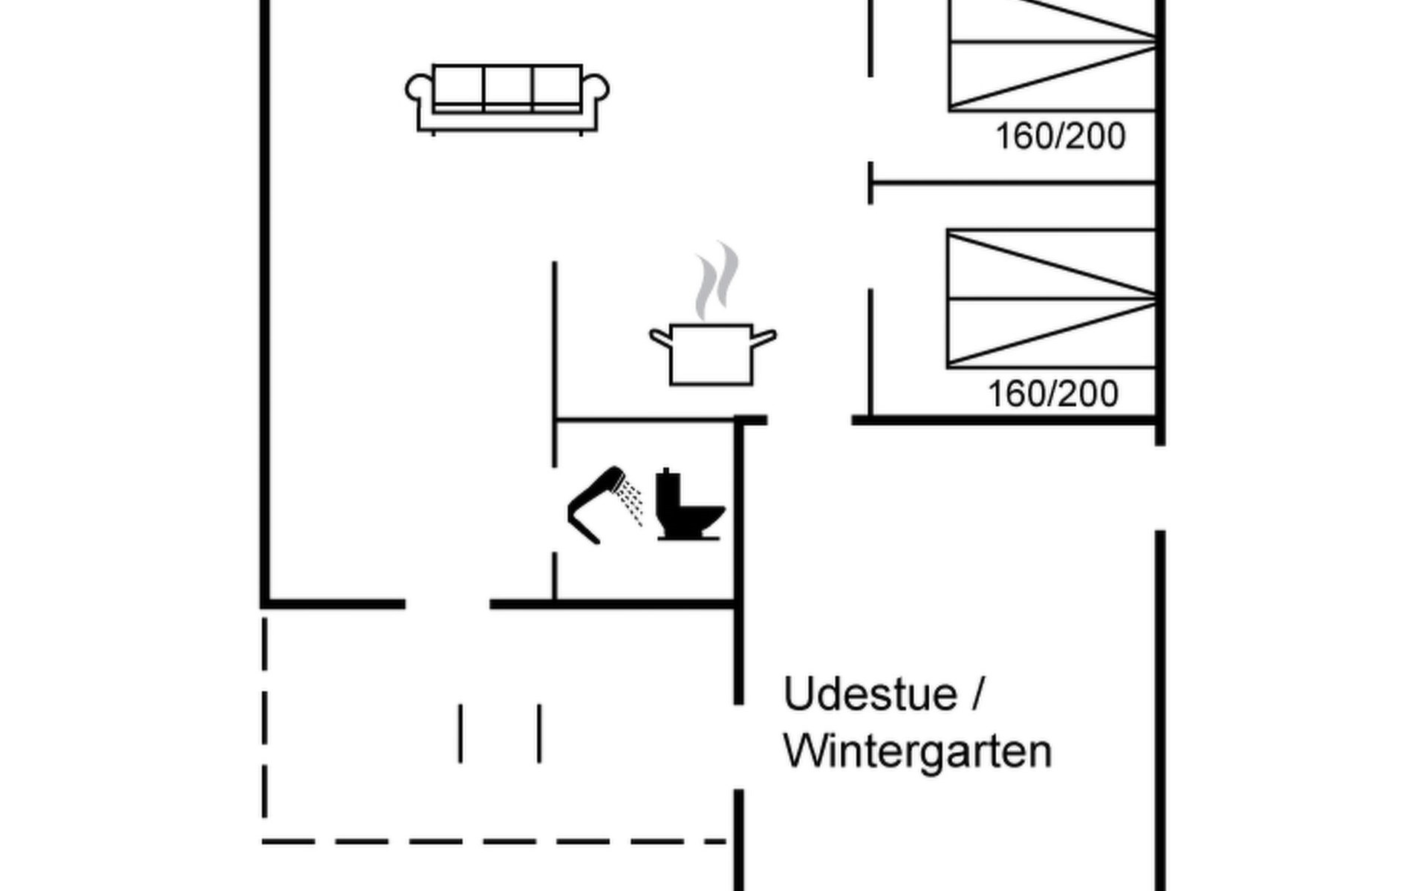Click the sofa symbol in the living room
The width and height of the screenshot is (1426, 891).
[x=507, y=98]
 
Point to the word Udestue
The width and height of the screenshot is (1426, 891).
[x=870, y=694]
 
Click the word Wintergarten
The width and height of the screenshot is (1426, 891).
[x=917, y=751]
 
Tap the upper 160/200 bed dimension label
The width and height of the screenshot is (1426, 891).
[x=1060, y=137]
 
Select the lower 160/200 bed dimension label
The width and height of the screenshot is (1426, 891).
[x=1052, y=394]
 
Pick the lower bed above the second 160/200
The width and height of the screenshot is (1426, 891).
[x=1052, y=298]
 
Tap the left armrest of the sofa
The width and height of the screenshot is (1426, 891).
[x=418, y=89]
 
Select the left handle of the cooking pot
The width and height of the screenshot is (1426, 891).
[x=660, y=338]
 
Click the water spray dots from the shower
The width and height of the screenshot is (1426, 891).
[x=632, y=502]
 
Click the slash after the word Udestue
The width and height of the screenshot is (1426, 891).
[x=977, y=694]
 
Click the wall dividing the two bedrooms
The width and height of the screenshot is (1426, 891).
[x=1013, y=181]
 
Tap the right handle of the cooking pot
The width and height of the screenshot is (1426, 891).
[x=765, y=338]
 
